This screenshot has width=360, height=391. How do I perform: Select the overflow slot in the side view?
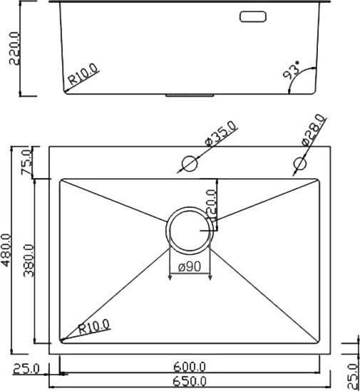pos(252,16)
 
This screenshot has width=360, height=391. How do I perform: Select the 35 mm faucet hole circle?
pos(189,164)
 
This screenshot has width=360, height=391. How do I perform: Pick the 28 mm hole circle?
pos(299,165)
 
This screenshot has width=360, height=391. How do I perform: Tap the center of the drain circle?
pos(189,230)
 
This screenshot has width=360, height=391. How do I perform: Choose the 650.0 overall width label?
pos(190,382)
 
